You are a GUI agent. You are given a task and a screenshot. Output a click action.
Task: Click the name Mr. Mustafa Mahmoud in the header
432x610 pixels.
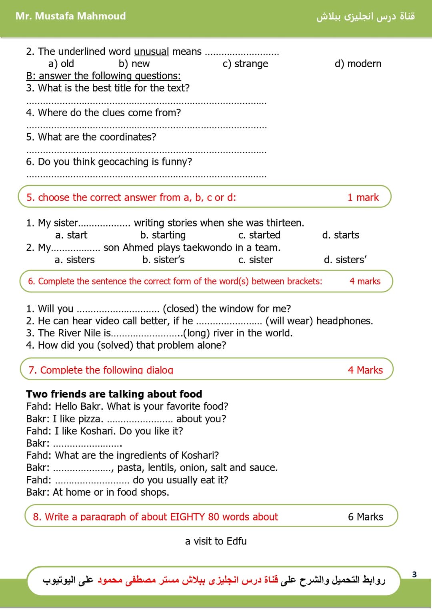70,16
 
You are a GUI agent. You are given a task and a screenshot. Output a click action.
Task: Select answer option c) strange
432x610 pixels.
245,64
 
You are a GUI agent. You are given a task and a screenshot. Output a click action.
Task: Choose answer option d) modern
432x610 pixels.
358,64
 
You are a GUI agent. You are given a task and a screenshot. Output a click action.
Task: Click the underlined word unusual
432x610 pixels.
151,52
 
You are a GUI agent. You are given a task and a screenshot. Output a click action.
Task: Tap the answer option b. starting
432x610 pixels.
163,235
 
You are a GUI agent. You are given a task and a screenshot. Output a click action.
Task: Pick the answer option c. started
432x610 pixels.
259,235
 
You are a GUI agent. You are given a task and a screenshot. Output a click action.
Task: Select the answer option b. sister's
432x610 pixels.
164,260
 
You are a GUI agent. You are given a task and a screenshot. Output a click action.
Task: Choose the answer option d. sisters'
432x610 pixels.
345,260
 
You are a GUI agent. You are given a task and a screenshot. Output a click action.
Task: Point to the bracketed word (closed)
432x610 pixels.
180,309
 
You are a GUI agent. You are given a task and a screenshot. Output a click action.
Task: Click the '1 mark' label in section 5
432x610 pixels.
363,197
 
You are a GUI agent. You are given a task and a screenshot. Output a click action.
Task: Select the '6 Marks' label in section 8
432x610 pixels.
365,517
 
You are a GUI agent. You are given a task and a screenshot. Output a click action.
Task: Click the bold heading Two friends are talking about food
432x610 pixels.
114,394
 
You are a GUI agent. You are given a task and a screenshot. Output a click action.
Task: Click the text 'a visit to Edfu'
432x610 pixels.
216,541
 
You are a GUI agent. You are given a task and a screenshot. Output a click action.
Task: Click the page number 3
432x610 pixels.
414,574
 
